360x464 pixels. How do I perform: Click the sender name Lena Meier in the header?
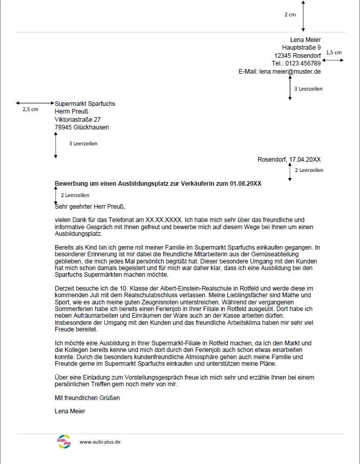(x=305, y=40)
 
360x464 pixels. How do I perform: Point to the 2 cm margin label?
(x=290, y=15)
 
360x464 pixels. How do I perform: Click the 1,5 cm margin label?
(x=333, y=52)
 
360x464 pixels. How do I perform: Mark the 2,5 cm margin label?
(x=30, y=109)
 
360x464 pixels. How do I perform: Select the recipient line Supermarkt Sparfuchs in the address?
(x=85, y=104)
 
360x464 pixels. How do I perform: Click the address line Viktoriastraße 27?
(x=77, y=120)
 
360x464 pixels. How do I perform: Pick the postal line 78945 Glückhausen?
(x=81, y=128)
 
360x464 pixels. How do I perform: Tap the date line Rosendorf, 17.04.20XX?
(x=289, y=160)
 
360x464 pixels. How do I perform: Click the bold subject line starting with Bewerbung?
(x=158, y=183)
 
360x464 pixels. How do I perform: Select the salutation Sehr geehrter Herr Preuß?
(x=90, y=207)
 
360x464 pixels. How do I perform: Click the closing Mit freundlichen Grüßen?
(x=87, y=397)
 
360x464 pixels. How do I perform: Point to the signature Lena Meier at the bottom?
(x=70, y=411)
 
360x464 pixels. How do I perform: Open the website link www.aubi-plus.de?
(x=100, y=442)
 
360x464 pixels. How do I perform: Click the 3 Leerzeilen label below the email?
(x=308, y=89)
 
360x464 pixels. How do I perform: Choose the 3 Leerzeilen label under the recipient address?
(x=83, y=144)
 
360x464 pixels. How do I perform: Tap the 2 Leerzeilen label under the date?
(x=309, y=170)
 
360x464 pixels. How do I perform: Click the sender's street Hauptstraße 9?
(x=301, y=48)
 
